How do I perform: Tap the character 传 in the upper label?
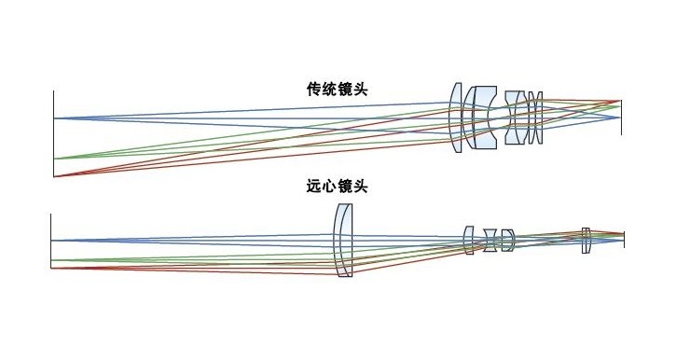pyautogui.click(x=314, y=90)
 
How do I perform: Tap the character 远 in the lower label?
pyautogui.click(x=314, y=187)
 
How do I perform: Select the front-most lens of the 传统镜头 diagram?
pyautogui.click(x=456, y=118)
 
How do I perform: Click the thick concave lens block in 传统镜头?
pyautogui.click(x=483, y=118)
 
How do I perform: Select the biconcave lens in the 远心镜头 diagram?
pyautogui.click(x=490, y=240)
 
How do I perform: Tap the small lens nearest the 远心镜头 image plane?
pyautogui.click(x=586, y=240)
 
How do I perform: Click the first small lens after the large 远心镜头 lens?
pyautogui.click(x=470, y=240)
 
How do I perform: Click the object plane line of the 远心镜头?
pyautogui.click(x=50, y=242)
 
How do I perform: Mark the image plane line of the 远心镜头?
pyautogui.click(x=624, y=239)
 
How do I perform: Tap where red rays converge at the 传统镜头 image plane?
pyautogui.click(x=620, y=100)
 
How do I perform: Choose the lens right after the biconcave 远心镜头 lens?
pyautogui.click(x=507, y=240)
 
